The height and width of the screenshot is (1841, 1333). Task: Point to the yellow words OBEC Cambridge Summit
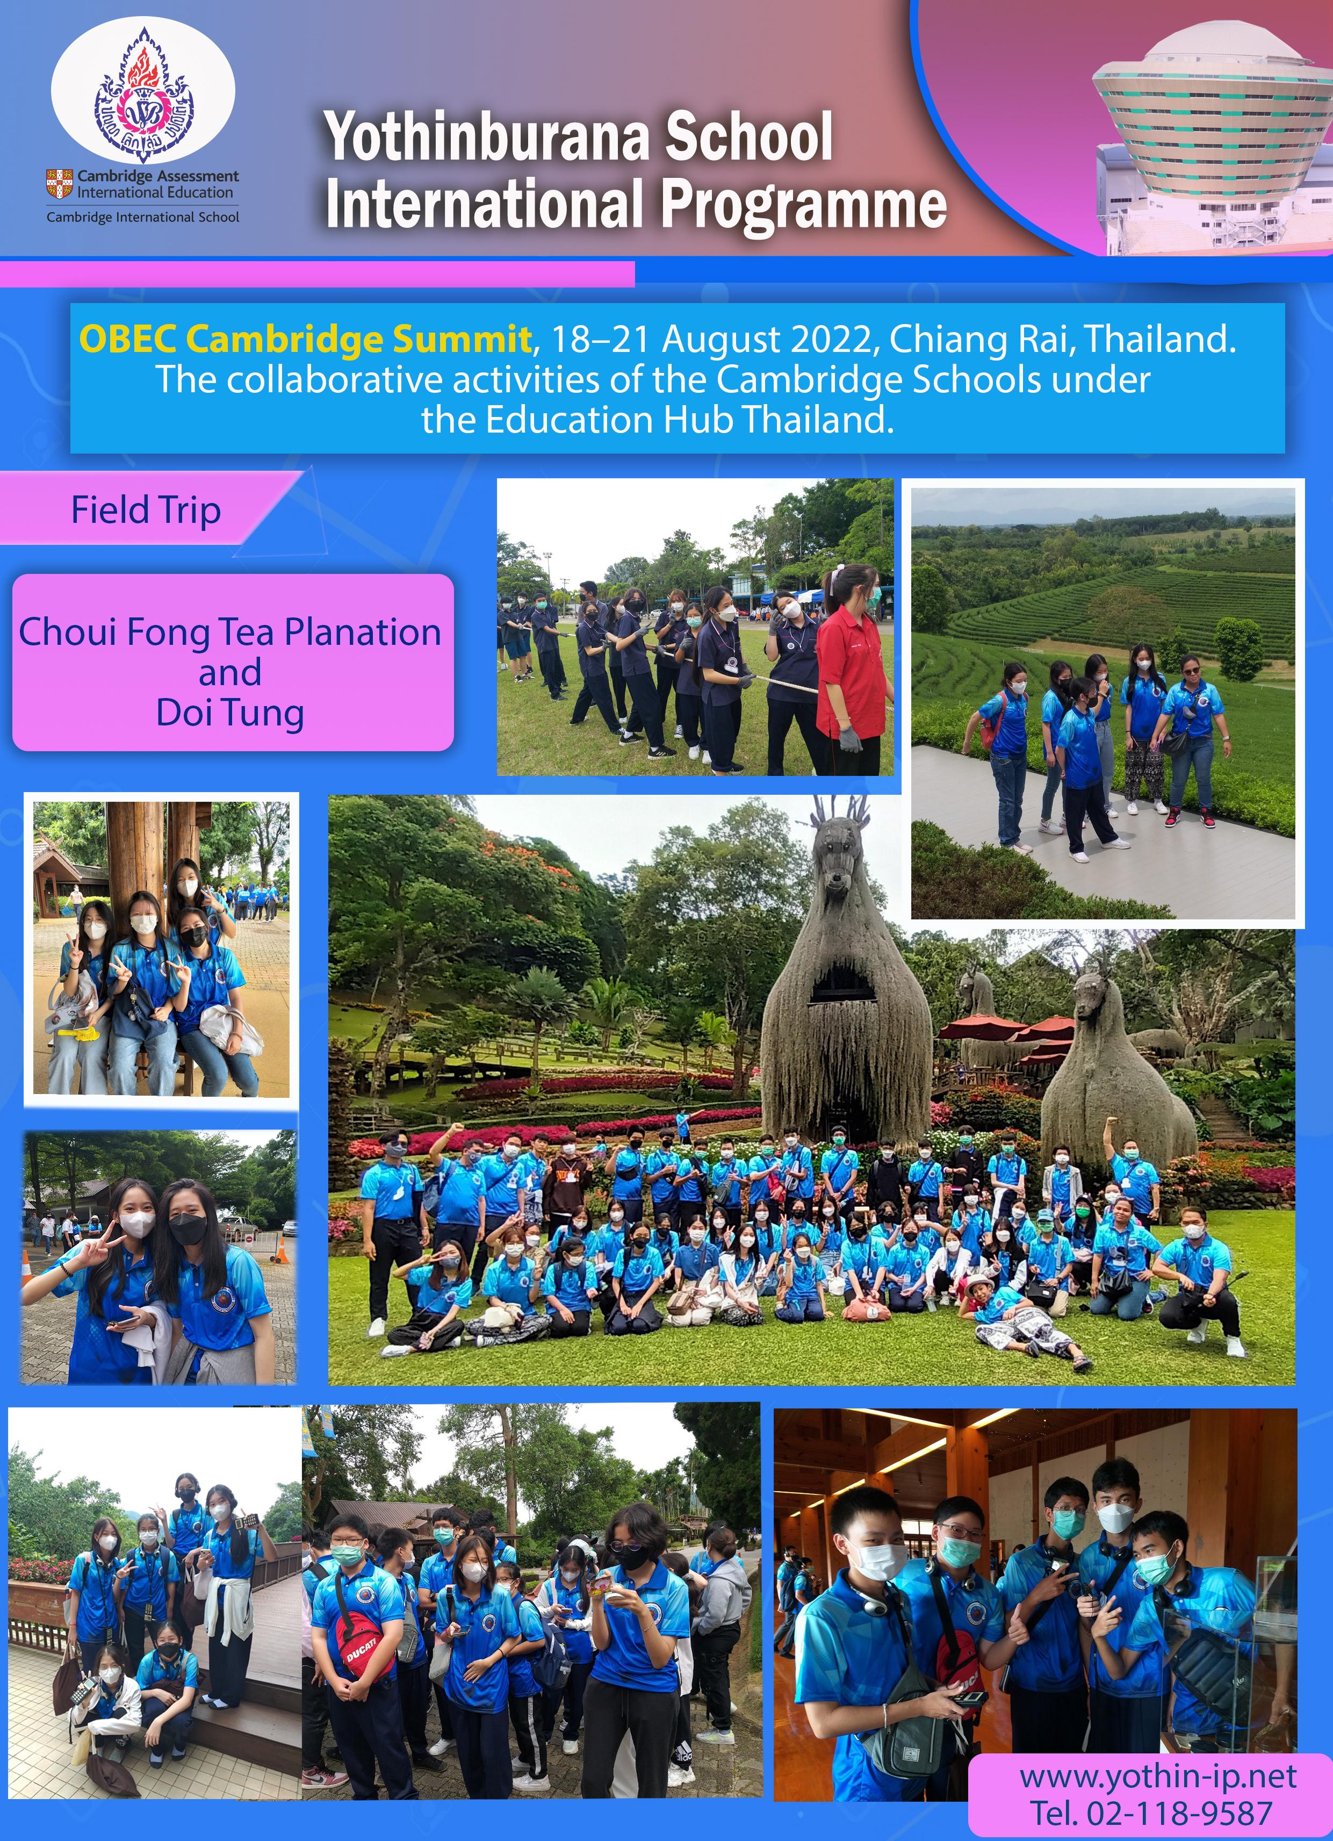(x=305, y=339)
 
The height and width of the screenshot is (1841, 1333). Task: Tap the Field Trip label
(x=146, y=510)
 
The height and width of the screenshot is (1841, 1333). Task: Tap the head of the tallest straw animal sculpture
(x=842, y=852)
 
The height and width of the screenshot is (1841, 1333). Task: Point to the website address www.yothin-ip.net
(x=1158, y=1776)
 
